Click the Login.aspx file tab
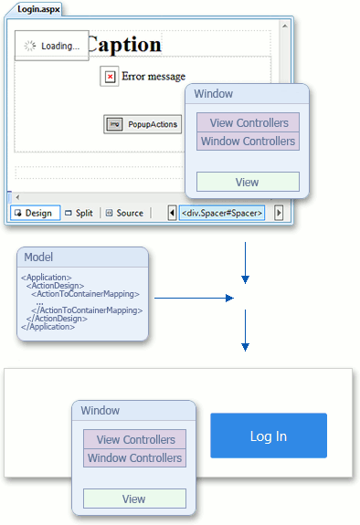(34, 8)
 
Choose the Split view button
(80, 213)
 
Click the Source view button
(124, 213)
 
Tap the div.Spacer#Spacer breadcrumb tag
(222, 213)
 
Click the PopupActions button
(142, 124)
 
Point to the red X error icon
(110, 77)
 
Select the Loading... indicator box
(52, 46)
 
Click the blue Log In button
(269, 436)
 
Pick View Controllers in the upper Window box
(249, 123)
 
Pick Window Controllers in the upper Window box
(249, 142)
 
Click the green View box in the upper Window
(248, 182)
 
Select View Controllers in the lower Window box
(135, 439)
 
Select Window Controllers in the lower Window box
(135, 457)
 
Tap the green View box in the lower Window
(134, 499)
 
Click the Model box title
(38, 257)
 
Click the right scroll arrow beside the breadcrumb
(279, 213)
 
